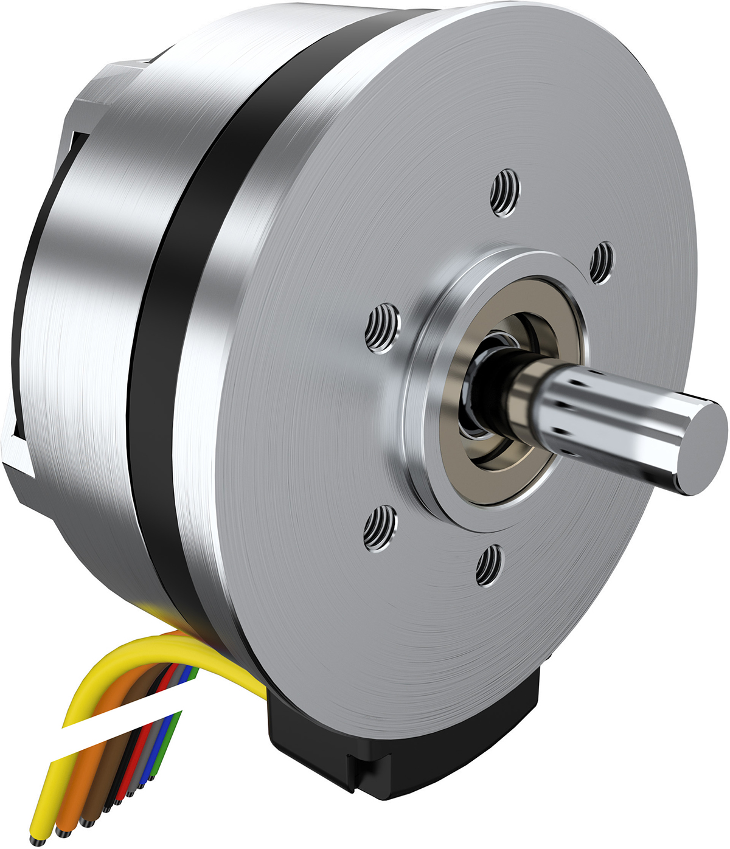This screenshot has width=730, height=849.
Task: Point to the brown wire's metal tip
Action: (86, 823)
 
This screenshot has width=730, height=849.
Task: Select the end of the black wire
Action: (106, 809)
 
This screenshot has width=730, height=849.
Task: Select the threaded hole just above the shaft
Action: (602, 262)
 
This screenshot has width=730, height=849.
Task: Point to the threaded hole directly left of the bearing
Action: (383, 328)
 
